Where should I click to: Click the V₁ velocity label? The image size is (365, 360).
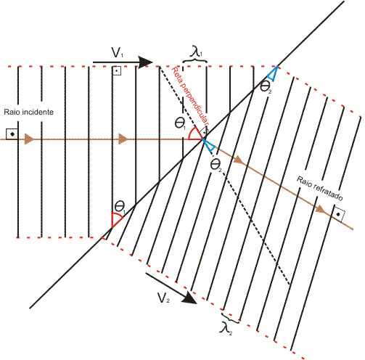(x=118, y=52)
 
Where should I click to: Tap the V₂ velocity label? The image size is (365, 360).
(x=163, y=298)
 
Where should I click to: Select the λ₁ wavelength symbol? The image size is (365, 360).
(x=196, y=52)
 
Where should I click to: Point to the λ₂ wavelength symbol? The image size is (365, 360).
(x=226, y=329)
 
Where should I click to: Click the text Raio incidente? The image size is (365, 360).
(x=29, y=112)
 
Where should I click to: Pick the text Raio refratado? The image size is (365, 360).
(x=320, y=189)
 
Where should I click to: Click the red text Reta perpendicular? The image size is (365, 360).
(x=190, y=96)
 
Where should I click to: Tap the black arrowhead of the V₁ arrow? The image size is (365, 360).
(x=145, y=62)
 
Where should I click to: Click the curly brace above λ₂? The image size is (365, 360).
(x=230, y=318)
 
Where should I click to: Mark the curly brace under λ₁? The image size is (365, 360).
(x=195, y=60)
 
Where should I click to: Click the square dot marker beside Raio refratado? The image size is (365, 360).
(x=338, y=213)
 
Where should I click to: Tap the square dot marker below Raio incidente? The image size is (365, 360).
(x=12, y=134)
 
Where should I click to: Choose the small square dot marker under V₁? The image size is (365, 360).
(x=117, y=71)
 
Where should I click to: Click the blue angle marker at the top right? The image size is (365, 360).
(x=272, y=73)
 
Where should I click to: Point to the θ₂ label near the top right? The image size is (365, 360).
(x=266, y=86)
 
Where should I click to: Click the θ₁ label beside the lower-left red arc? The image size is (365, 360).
(x=120, y=207)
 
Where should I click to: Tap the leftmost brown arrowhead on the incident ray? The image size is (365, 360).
(x=29, y=139)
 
